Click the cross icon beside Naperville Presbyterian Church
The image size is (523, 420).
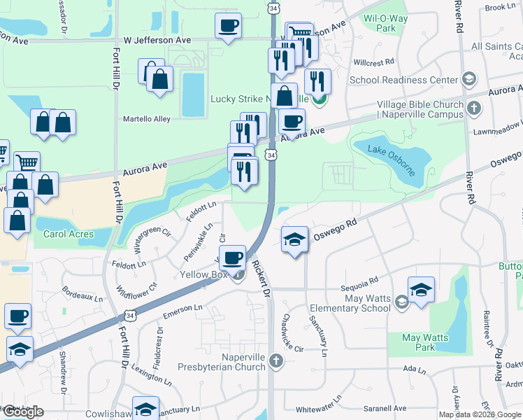pos(276,362)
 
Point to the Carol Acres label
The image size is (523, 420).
pos(69,233)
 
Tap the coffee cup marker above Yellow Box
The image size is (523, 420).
pos(232,257)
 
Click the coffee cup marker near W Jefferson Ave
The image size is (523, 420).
pos(228,27)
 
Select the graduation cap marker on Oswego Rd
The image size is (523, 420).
pos(295,239)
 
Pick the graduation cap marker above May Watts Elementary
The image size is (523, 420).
pos(421,289)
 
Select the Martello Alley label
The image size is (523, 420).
pos(147,119)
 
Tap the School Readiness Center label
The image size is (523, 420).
pos(403,80)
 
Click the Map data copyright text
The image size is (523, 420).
pos(480,414)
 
